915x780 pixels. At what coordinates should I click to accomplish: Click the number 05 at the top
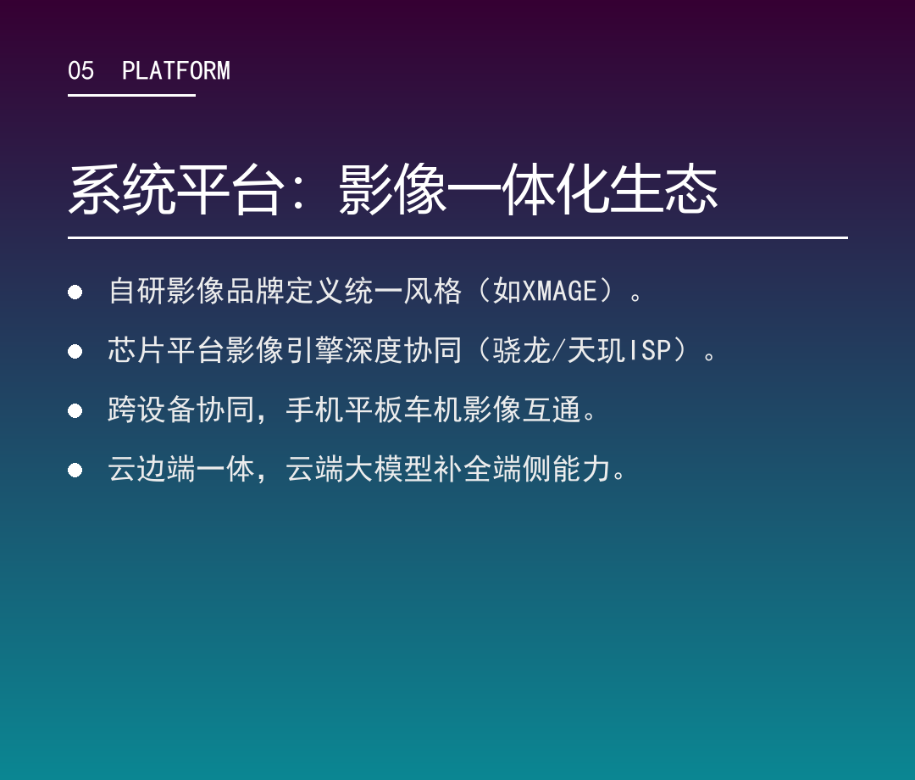click(80, 70)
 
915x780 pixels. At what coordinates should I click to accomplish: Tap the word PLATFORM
click(175, 70)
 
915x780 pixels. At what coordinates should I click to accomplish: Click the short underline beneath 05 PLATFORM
click(131, 95)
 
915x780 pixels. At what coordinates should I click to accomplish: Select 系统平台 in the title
click(176, 189)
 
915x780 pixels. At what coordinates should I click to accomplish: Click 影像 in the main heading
click(392, 189)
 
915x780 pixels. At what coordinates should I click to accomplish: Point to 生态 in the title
click(663, 189)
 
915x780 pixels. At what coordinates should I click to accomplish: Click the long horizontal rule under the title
click(457, 237)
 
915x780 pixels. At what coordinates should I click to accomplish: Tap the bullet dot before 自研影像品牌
click(75, 292)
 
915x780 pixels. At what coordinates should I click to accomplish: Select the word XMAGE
click(560, 291)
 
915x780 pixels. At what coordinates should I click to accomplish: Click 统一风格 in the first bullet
click(403, 291)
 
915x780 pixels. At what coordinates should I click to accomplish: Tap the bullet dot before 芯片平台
click(75, 352)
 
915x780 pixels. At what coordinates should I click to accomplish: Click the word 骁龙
click(522, 350)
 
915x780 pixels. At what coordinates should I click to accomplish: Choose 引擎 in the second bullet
click(315, 350)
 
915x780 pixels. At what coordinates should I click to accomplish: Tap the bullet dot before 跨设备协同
click(75, 411)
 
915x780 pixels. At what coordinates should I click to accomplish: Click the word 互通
click(552, 409)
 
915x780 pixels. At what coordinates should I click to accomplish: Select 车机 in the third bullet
click(433, 409)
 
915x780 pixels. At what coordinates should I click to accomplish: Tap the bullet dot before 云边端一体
click(75, 470)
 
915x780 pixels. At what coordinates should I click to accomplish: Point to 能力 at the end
click(581, 469)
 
